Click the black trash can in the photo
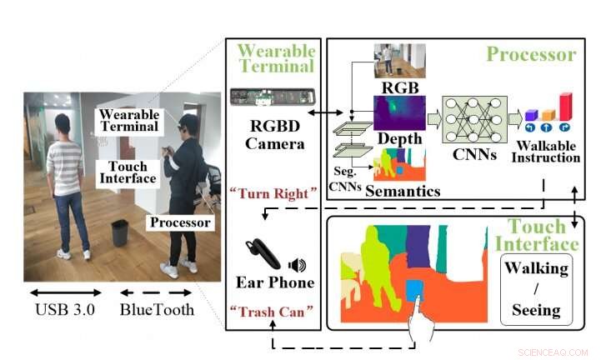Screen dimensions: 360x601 [x=120, y=233]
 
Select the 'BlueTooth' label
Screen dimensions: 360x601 [x=158, y=310]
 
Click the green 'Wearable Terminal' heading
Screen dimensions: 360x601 [x=275, y=57]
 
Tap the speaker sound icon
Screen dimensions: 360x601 [x=297, y=266]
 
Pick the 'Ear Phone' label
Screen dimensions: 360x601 [x=275, y=282]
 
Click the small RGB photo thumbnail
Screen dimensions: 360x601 [x=399, y=61]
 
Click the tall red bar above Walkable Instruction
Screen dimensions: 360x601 [x=566, y=106]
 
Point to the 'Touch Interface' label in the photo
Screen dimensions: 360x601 [x=128, y=172]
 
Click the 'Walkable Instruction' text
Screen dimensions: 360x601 [x=546, y=152]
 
